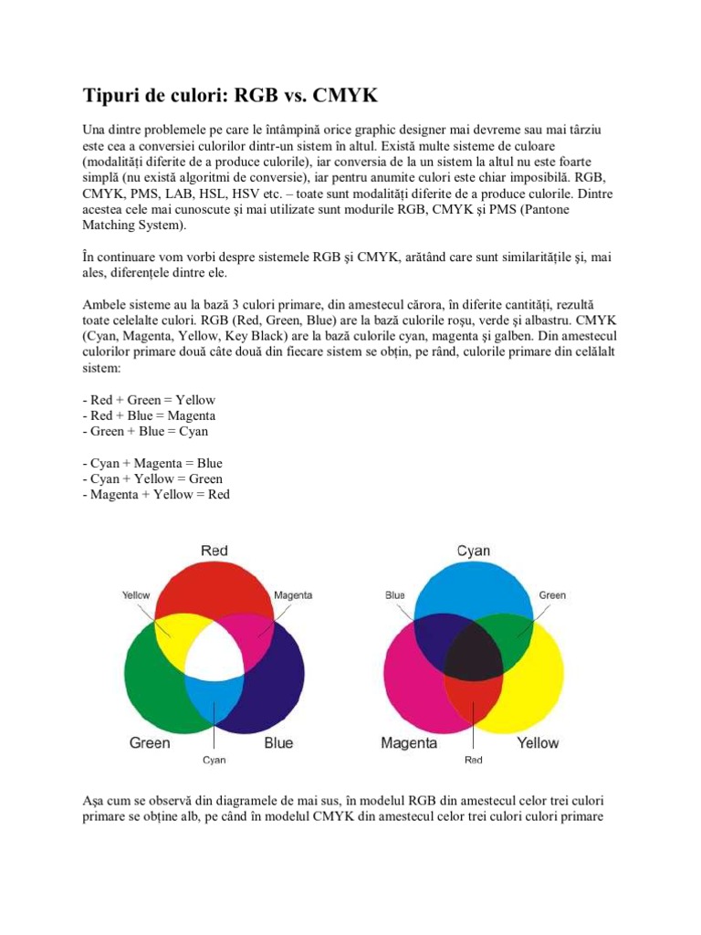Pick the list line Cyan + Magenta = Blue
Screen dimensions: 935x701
coord(152,463)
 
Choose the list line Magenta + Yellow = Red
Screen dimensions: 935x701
coord(156,494)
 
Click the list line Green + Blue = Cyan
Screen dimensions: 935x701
coord(145,431)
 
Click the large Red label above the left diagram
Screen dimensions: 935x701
coord(214,551)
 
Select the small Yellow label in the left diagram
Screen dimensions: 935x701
coord(136,595)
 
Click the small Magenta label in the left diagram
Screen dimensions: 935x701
coord(293,595)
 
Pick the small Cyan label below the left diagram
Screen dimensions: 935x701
coord(214,760)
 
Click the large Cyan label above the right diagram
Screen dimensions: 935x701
coord(473,551)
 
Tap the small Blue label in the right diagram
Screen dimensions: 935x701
coord(395,595)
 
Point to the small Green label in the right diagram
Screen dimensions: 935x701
coord(552,595)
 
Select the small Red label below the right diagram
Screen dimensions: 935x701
coord(473,760)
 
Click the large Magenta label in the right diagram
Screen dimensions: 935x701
coord(409,742)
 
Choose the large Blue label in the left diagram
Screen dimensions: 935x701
coord(278,742)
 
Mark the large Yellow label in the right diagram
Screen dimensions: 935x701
coord(538,742)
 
